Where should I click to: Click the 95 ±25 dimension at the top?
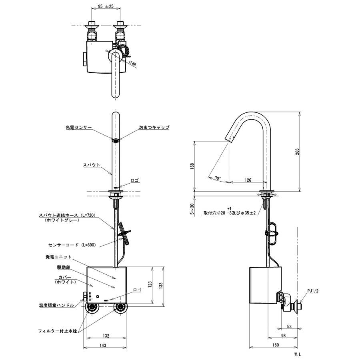coord(106,6)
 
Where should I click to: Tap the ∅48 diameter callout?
coord(132,63)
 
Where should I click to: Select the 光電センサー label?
coord(79,128)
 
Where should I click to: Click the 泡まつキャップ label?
coord(154,127)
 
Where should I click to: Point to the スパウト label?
coord(91,165)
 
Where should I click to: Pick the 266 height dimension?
coord(297,152)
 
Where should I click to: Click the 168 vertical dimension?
coord(192,166)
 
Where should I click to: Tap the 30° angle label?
coord(218,178)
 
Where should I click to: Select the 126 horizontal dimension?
coord(248,180)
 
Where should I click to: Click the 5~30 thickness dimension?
coord(192,209)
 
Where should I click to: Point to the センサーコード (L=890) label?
coord(72,245)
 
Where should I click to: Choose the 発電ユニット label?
coord(58,257)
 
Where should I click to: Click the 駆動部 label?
coord(63,267)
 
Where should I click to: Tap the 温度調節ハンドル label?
coord(56,305)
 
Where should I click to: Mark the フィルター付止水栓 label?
coord(57,331)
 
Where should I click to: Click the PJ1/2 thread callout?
coord(313,291)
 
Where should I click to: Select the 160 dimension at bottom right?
coord(276,345)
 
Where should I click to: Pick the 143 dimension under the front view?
coord(103,345)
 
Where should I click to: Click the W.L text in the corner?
coord(298,355)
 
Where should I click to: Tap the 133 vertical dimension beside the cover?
coord(161,285)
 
